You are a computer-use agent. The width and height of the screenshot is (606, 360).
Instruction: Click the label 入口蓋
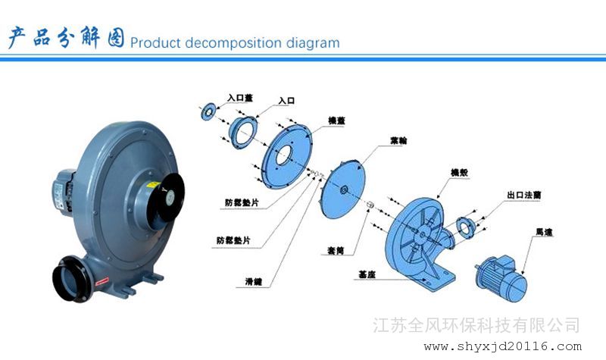click(241, 98)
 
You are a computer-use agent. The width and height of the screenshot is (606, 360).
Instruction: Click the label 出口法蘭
click(523, 196)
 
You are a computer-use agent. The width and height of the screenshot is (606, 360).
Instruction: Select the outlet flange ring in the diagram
click(465, 225)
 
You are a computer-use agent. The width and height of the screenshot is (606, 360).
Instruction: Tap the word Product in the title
click(154, 42)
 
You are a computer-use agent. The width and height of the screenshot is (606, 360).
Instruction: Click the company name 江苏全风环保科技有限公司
click(478, 325)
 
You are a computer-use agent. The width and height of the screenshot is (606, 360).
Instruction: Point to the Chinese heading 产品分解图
click(66, 37)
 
